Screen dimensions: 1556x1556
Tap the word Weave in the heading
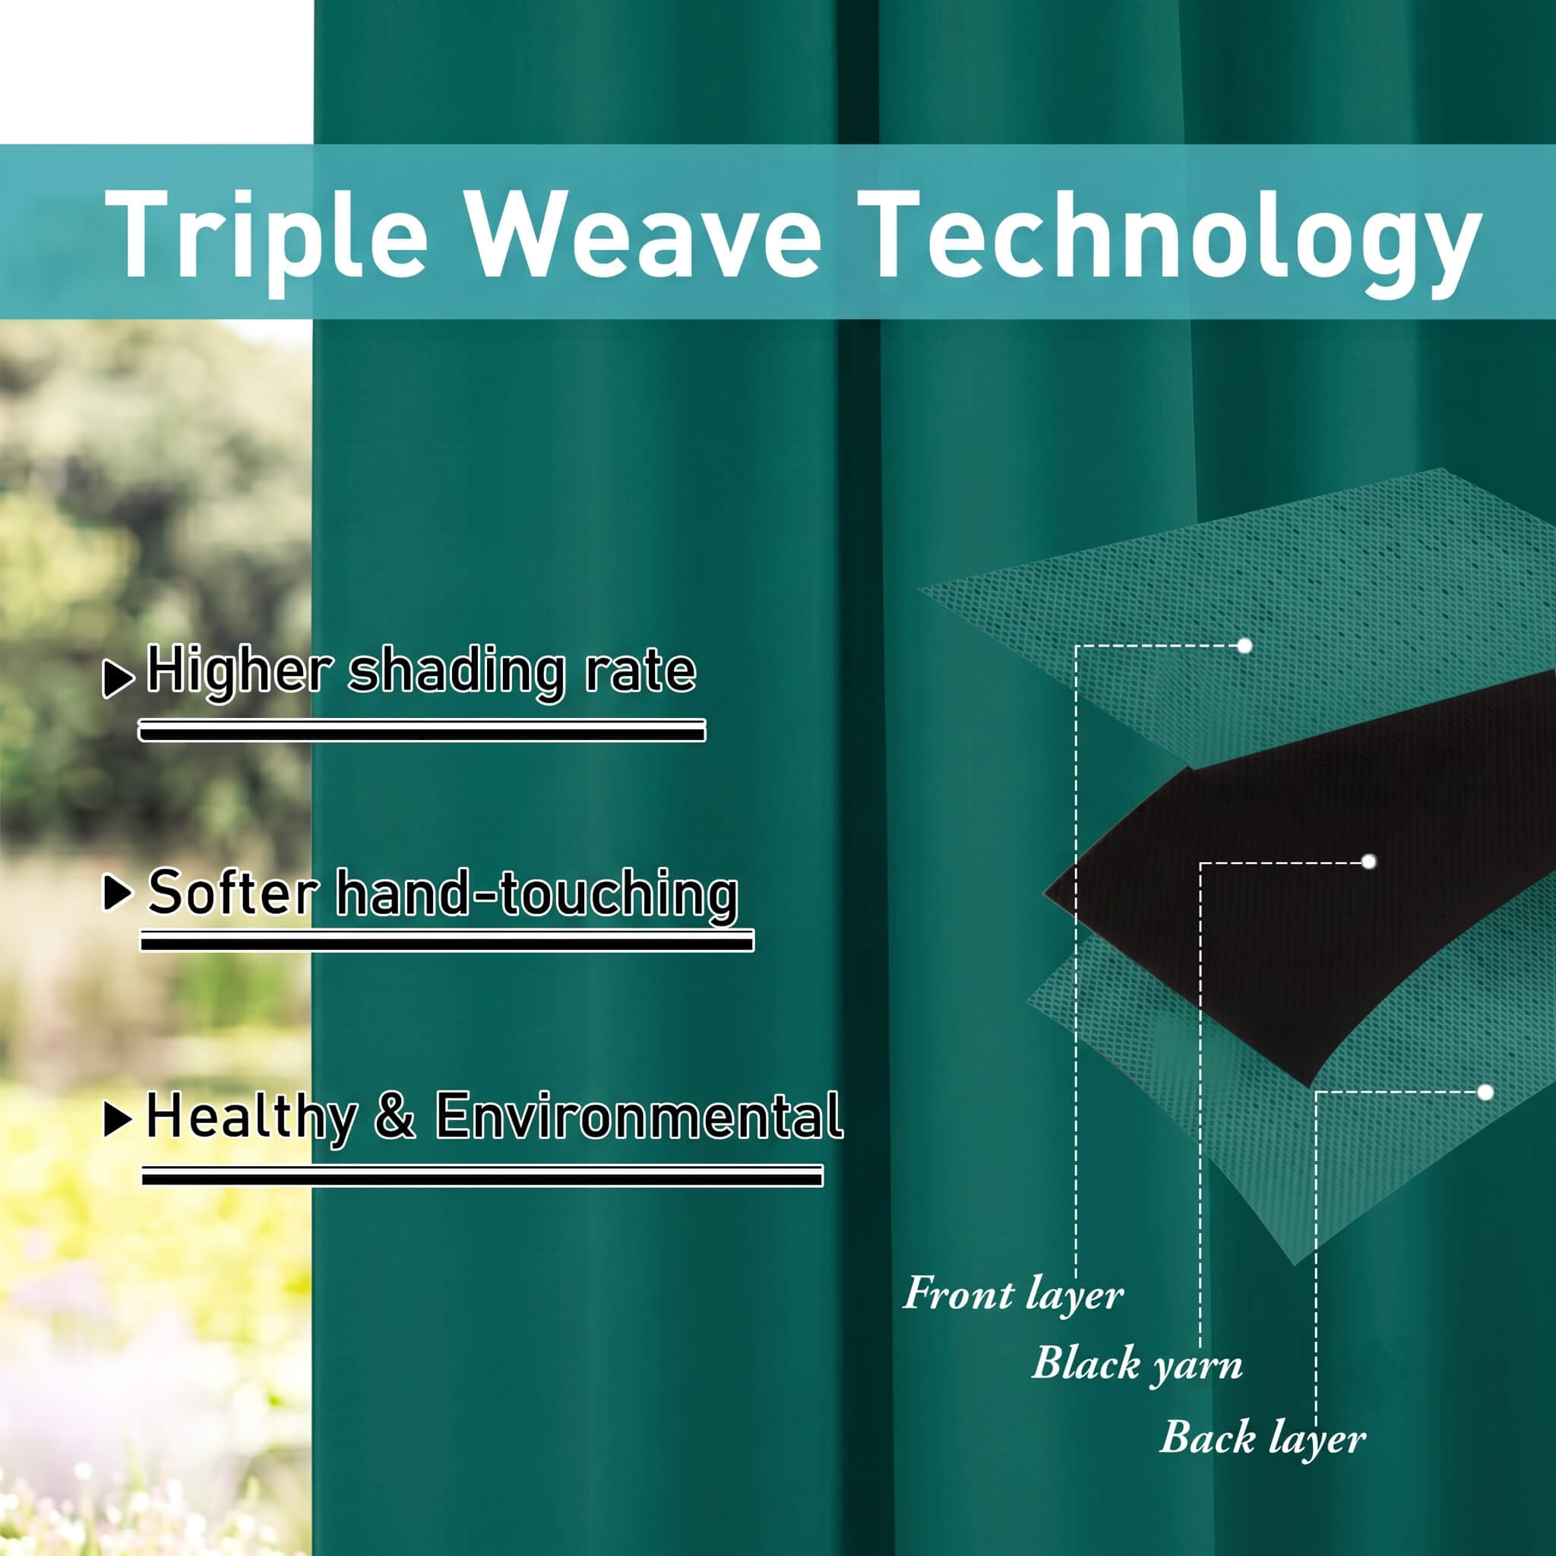(x=644, y=233)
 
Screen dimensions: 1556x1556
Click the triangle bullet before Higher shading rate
(x=119, y=678)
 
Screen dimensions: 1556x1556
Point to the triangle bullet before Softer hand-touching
(x=119, y=893)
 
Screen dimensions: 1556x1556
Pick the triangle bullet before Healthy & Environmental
(x=119, y=1118)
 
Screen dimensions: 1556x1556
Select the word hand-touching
(x=537, y=894)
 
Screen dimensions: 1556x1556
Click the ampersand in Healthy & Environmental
(x=395, y=1115)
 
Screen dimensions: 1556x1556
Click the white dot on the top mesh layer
(x=1244, y=646)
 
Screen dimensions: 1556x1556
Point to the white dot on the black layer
(x=1368, y=862)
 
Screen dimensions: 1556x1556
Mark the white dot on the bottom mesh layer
(x=1485, y=1092)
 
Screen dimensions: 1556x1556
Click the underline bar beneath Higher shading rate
(x=422, y=730)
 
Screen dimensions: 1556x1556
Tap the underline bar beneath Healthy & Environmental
(x=482, y=1177)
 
